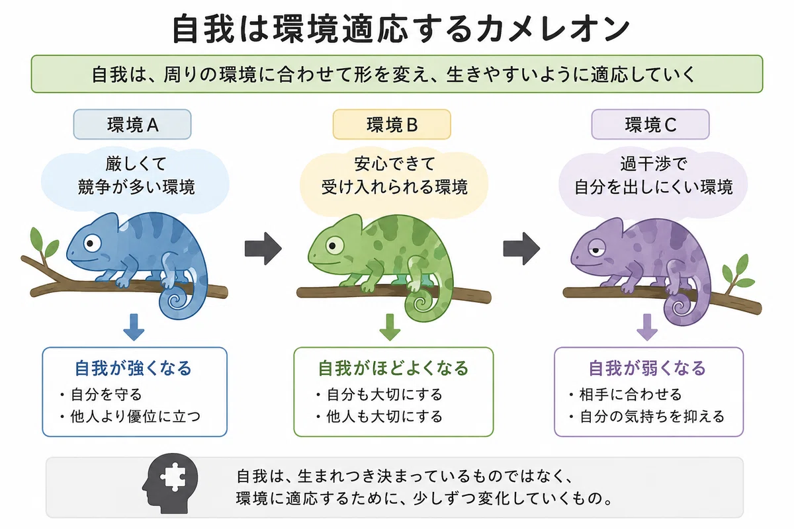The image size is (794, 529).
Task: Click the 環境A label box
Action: pyautogui.click(x=132, y=124)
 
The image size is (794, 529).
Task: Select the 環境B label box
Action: pyautogui.click(x=392, y=124)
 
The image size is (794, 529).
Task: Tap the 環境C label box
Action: pyautogui.click(x=650, y=124)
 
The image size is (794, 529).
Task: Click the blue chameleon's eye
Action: pyautogui.click(x=92, y=243)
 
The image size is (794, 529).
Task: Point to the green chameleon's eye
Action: pyautogui.click(x=334, y=245)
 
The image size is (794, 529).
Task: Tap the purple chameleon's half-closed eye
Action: pyautogui.click(x=597, y=250)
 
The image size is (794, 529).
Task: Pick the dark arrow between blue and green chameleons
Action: pyautogui.click(x=263, y=249)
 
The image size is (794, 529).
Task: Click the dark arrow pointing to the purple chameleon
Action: pyautogui.click(x=521, y=249)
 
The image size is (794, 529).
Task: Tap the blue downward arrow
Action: pyautogui.click(x=134, y=327)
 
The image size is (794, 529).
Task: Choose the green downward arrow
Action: pyautogui.click(x=390, y=327)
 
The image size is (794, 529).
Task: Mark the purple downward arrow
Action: pyautogui.click(x=647, y=327)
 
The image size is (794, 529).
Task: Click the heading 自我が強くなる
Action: pyautogui.click(x=133, y=368)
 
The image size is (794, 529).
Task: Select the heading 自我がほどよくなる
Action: pyautogui.click(x=394, y=368)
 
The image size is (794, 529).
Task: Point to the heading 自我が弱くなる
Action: pyautogui.click(x=647, y=368)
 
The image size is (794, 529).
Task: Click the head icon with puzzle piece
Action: pyautogui.click(x=170, y=483)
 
